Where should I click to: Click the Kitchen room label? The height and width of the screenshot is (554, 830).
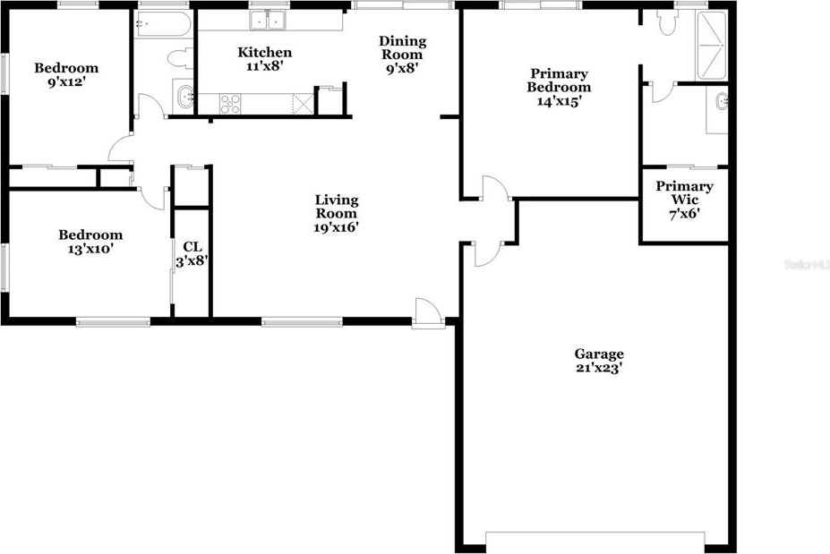[264, 53]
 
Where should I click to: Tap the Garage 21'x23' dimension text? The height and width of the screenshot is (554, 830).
[599, 368]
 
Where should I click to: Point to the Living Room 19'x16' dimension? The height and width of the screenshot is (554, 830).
[336, 227]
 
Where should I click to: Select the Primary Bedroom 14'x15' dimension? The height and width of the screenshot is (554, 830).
[558, 102]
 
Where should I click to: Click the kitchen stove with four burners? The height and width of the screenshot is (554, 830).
[230, 103]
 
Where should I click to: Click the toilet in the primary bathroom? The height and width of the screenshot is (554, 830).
[666, 23]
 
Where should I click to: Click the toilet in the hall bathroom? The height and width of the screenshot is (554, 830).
[177, 59]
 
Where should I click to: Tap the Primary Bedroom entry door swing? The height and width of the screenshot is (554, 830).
[493, 189]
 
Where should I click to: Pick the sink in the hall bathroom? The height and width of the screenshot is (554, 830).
[184, 96]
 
